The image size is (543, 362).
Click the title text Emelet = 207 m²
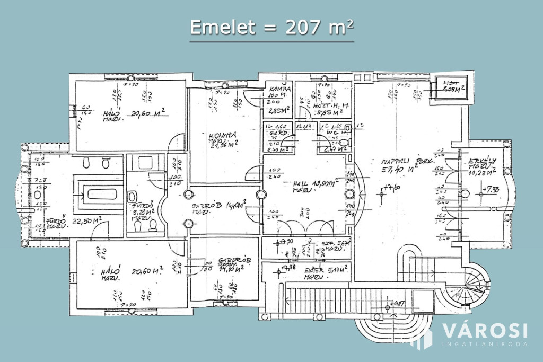pyautogui.click(x=271, y=28)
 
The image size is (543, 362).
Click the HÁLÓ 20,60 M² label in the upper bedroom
pyautogui.click(x=133, y=114)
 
